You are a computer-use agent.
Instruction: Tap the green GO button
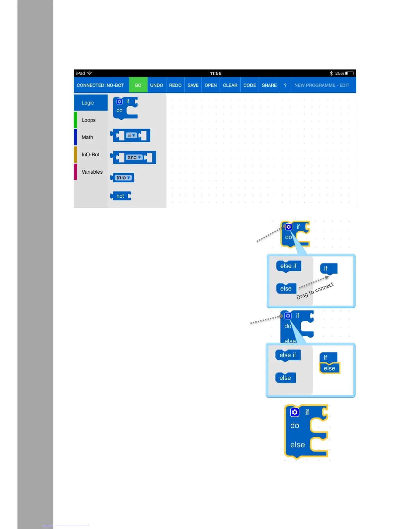pos(138,85)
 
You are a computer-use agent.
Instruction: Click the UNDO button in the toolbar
pos(156,85)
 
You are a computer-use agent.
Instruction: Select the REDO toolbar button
pos(175,85)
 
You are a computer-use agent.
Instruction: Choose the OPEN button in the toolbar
pos(211,85)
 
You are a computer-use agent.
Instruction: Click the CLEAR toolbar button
pos(230,85)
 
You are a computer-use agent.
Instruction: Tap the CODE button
pos(250,85)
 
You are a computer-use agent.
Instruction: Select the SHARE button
pos(269,85)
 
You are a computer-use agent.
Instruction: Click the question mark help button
pos(285,85)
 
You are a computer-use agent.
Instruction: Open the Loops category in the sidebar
pos(89,120)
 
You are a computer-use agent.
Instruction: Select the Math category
pos(88,137)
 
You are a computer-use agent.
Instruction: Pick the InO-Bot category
pos(90,155)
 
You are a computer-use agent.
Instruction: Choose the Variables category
pos(92,172)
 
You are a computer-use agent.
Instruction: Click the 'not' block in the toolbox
pos(121,196)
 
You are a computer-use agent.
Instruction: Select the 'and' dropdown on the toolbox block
pos(134,157)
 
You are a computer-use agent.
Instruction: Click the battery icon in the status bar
pos(350,73)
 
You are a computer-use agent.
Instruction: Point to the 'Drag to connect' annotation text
pos(315,291)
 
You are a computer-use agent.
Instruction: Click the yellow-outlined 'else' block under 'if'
pos(329,368)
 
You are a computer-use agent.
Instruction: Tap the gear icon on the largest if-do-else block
pos(294,412)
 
